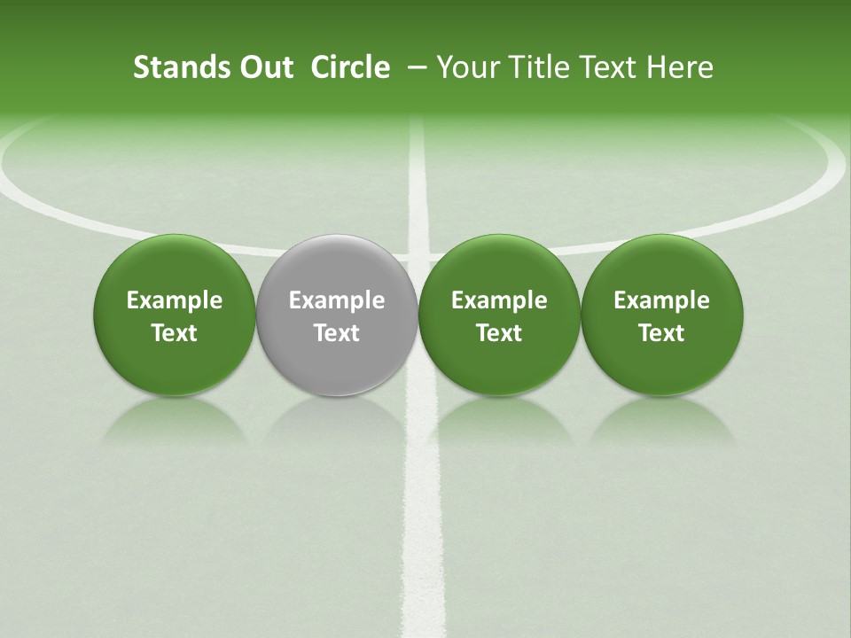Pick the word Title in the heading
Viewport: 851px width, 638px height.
542,67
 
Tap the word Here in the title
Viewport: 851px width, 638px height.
680,67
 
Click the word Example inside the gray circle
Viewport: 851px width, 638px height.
337,300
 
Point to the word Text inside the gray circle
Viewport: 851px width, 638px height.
337,333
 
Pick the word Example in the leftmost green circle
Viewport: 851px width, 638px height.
175,300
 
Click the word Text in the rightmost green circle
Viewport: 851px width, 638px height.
662,333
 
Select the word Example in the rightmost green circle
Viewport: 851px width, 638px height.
662,300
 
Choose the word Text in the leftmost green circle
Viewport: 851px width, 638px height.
175,333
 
